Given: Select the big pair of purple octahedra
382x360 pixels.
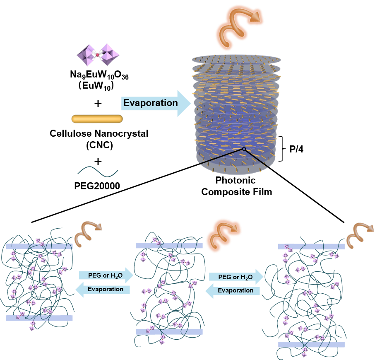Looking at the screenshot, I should point(98,55).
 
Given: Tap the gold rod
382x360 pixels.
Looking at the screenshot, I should point(97,119).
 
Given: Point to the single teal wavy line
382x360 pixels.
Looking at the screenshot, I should point(98,172).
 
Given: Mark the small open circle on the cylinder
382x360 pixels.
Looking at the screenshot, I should point(244,149).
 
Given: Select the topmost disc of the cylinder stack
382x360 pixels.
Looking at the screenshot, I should point(236,59).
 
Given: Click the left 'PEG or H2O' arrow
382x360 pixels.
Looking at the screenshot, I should point(106,275).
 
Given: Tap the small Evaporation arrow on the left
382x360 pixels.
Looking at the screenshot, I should point(104,289).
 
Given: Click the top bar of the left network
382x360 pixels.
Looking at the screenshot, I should point(39,246).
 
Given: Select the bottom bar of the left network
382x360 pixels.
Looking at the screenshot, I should point(39,318).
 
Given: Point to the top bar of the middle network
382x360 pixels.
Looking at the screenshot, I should point(169,246).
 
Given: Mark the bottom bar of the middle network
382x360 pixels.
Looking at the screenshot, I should point(169,332).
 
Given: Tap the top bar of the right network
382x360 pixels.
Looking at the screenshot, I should point(311,246).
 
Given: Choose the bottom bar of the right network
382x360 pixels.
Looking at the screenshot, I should point(311,345).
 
